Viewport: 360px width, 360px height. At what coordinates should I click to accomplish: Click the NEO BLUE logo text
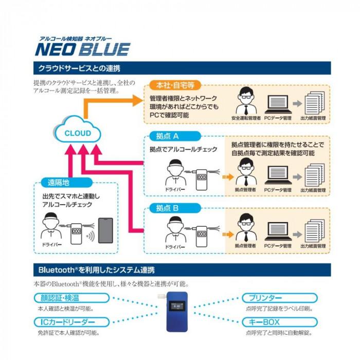[x=82, y=49]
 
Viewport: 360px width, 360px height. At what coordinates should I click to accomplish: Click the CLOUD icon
[x=77, y=133]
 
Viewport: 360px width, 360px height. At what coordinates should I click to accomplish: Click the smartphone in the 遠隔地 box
[x=105, y=231]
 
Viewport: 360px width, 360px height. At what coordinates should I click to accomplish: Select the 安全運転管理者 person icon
[x=244, y=102]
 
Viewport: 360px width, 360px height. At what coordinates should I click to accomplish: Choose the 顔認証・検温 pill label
[x=71, y=298]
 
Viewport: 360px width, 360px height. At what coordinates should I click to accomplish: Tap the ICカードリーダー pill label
[x=71, y=322]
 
